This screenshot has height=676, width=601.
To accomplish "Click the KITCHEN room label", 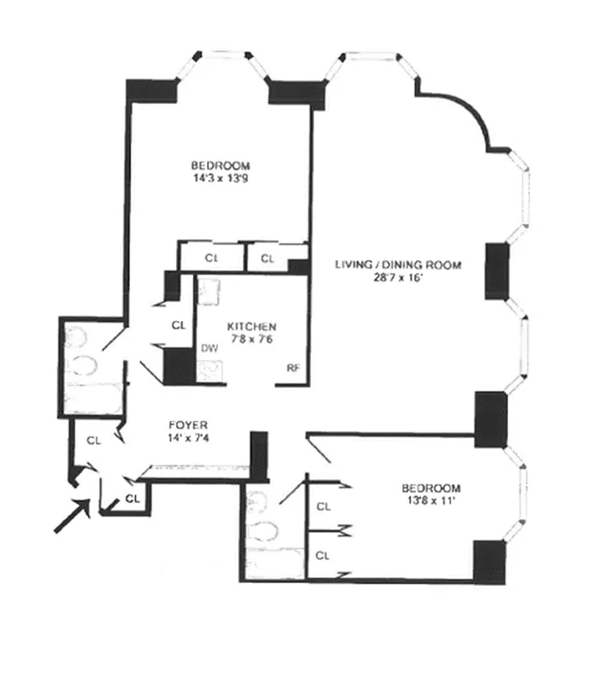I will point(252,326).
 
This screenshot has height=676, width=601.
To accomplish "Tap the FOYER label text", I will point(188,425).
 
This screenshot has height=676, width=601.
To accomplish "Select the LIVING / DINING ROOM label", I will point(398,264).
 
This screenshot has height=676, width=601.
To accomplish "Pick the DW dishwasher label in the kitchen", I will point(209,347).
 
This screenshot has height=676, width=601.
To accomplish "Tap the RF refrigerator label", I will point(293,368).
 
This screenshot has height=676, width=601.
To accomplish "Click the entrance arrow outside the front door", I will point(71,515).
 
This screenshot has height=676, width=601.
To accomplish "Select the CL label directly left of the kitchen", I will point(178,324).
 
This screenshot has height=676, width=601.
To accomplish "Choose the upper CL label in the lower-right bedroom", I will point(322,507).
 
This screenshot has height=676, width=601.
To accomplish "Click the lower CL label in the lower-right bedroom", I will point(322,555).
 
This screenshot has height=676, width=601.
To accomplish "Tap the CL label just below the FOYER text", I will point(132,498).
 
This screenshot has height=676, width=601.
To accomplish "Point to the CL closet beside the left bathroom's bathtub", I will point(95,439).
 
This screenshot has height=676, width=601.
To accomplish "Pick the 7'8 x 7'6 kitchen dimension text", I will point(252,339).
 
